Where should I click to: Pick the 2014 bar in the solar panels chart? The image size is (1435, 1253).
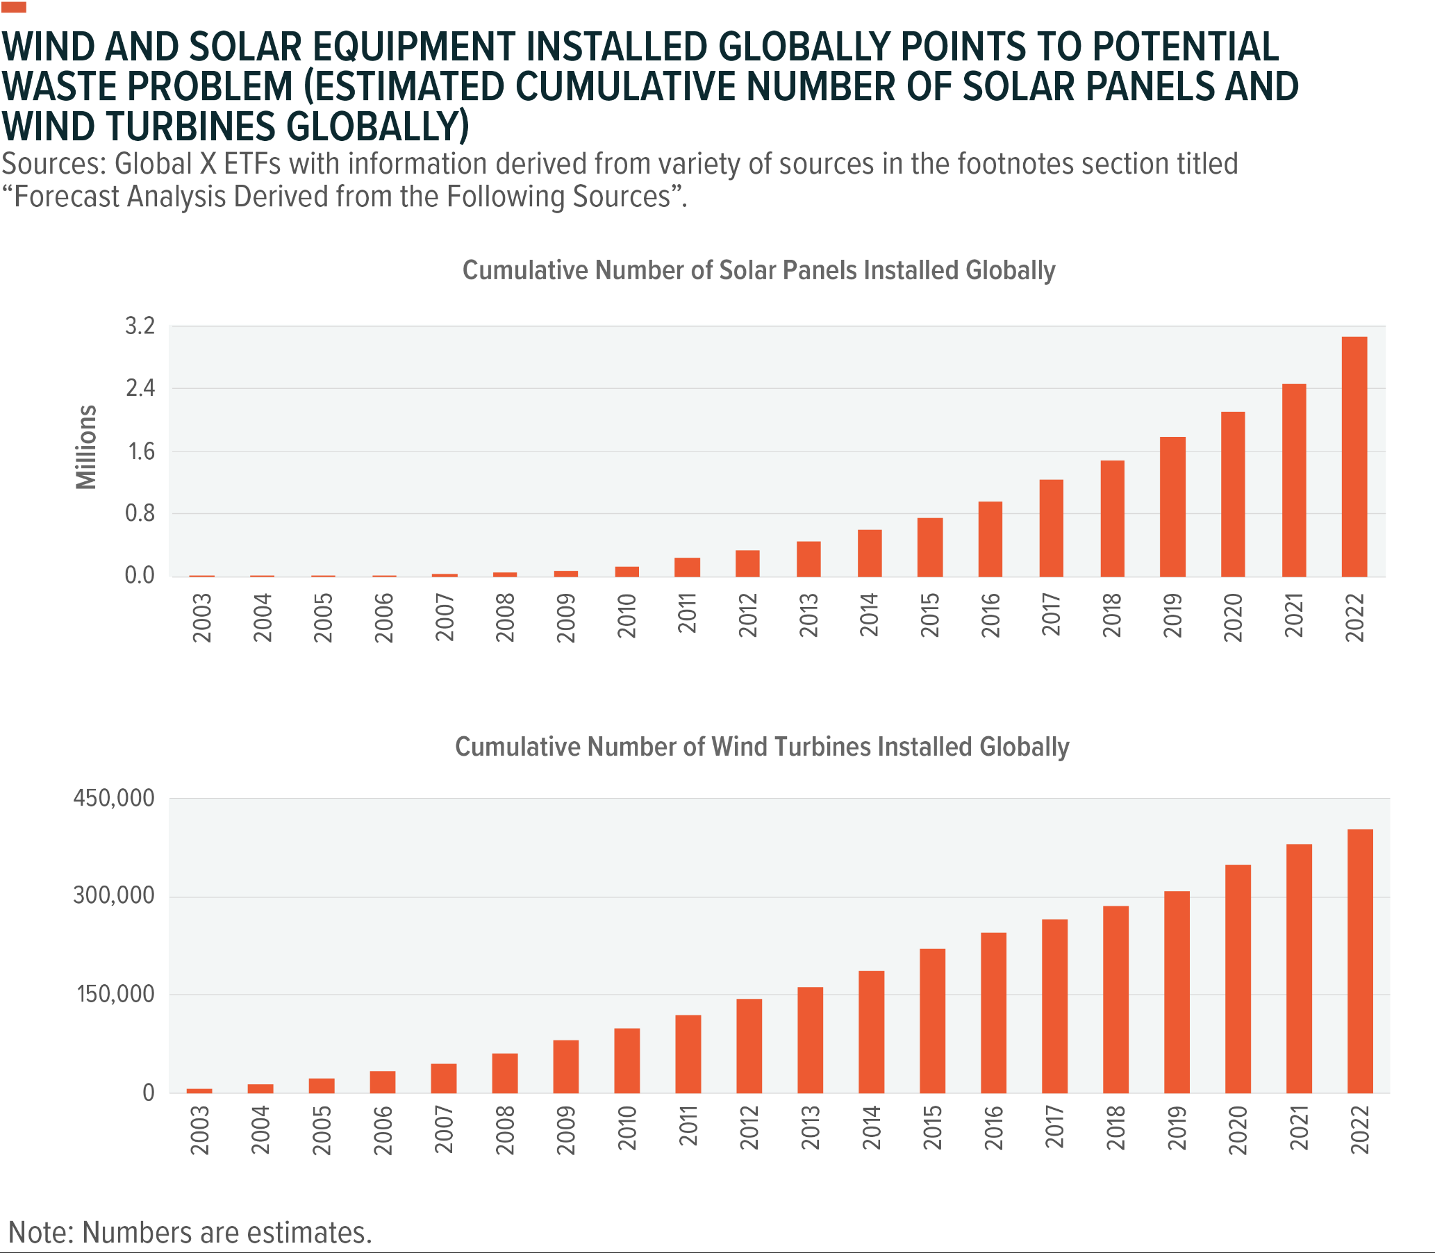(x=869, y=553)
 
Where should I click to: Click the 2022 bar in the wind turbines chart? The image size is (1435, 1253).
(x=1360, y=961)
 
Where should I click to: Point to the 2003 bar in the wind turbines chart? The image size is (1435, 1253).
(x=199, y=1090)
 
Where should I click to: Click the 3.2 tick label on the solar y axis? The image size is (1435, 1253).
(x=140, y=326)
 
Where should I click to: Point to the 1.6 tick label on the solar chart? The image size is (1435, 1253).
(x=140, y=451)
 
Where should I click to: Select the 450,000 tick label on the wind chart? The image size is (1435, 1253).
(x=114, y=798)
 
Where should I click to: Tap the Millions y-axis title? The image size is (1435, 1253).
(x=87, y=447)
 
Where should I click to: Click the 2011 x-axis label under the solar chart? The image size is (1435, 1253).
(x=688, y=613)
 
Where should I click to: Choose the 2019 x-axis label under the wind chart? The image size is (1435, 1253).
(x=1177, y=1127)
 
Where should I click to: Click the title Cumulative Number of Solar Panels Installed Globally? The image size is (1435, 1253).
(x=758, y=271)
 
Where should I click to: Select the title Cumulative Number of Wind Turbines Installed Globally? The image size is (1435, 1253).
(x=761, y=747)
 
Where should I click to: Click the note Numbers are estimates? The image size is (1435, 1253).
(x=190, y=1233)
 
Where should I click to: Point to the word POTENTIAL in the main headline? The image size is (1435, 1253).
(x=1186, y=47)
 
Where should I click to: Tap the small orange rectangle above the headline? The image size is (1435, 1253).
(x=14, y=8)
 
